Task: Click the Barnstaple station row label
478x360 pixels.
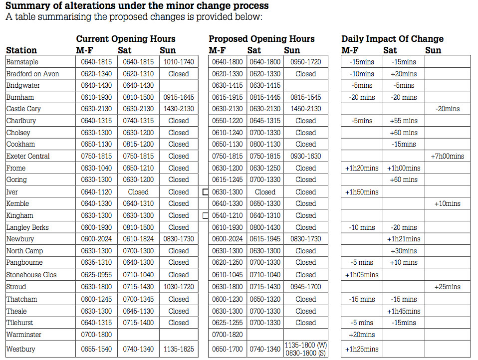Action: click(x=22, y=62)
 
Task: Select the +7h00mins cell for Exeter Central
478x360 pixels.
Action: click(x=447, y=156)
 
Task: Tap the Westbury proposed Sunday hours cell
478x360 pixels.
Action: click(x=305, y=349)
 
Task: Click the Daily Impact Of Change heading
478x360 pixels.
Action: click(x=392, y=39)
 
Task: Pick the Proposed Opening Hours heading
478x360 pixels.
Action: click(x=261, y=39)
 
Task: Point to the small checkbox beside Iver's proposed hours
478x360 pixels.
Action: click(x=205, y=192)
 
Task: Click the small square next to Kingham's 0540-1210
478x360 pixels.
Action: click(x=205, y=216)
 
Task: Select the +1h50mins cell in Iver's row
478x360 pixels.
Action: click(x=361, y=192)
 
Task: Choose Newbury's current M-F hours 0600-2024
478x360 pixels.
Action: click(x=97, y=239)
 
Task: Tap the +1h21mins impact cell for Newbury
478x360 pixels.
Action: click(x=404, y=239)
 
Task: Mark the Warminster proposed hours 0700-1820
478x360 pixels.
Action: click(x=227, y=335)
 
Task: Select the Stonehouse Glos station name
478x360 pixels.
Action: click(x=31, y=275)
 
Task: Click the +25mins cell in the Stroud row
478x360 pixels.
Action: click(x=447, y=287)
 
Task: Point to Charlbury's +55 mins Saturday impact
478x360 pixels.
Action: click(x=404, y=121)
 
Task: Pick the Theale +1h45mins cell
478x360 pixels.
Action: click(x=404, y=311)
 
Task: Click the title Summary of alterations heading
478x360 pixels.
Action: click(x=137, y=6)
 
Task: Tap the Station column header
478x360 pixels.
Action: click(x=21, y=50)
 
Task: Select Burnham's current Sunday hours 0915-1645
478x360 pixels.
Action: click(x=179, y=97)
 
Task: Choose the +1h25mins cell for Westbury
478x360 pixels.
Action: click(x=361, y=349)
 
